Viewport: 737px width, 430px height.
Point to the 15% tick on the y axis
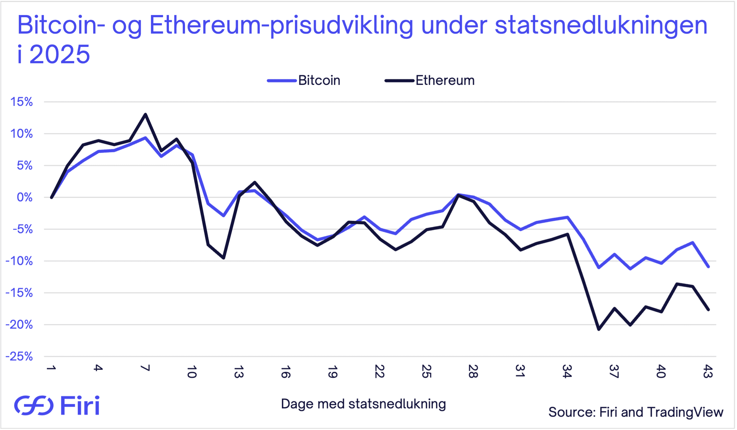[x=21, y=102]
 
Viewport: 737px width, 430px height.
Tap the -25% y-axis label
[x=19, y=356]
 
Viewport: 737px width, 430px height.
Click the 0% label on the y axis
[x=25, y=197]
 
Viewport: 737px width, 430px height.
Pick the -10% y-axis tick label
[x=19, y=261]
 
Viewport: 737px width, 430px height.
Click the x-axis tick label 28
[x=473, y=371]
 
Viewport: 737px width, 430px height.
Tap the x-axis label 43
[x=708, y=371]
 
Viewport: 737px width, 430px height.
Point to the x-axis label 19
[x=332, y=371]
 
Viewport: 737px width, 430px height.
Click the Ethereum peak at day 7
[x=145, y=114]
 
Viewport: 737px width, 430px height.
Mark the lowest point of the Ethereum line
[x=599, y=329]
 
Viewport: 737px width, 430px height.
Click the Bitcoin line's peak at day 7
[x=145, y=137]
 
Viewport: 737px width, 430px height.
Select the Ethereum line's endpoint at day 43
[x=708, y=309]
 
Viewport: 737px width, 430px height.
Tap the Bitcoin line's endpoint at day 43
[x=708, y=266]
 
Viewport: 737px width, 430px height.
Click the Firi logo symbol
[x=34, y=405]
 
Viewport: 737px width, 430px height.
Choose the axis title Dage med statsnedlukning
[x=363, y=404]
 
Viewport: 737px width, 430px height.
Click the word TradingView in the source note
[x=685, y=412]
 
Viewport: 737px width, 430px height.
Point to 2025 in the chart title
[x=59, y=54]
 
